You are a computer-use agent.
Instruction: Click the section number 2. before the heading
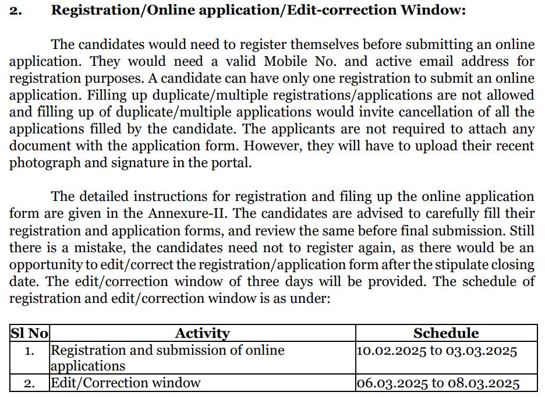click(x=16, y=11)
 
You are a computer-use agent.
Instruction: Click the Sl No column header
click(x=29, y=333)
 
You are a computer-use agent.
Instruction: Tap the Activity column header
click(x=202, y=333)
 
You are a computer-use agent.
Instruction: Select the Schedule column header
click(x=446, y=333)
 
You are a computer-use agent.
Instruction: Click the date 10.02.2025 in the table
click(x=388, y=350)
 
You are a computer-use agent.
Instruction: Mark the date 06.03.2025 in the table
click(x=391, y=383)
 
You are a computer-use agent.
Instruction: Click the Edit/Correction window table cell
click(x=126, y=383)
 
